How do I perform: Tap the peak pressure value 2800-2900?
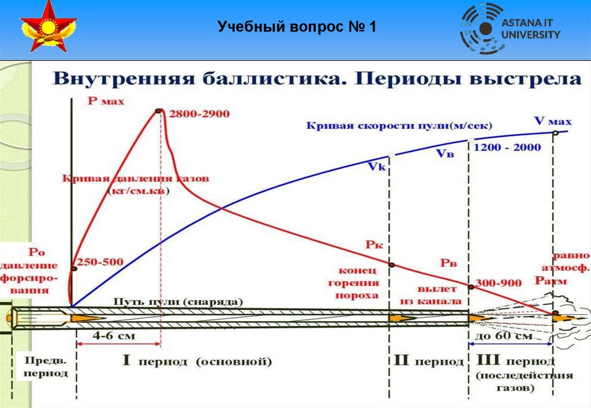[x=199, y=114]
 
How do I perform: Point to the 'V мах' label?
[x=552, y=121]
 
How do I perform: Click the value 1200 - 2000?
[x=507, y=148]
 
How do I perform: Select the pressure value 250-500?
[x=101, y=262]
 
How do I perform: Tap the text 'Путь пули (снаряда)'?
[x=178, y=301]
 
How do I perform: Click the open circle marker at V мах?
[x=555, y=133]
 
